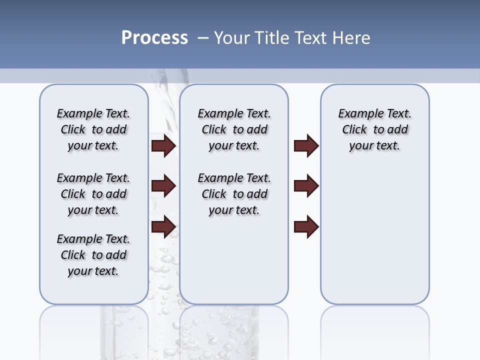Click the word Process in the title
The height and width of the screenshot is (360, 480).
click(x=154, y=38)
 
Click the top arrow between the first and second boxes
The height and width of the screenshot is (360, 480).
click(x=163, y=146)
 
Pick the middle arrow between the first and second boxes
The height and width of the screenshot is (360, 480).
click(x=163, y=186)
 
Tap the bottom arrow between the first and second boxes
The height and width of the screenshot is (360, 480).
click(x=163, y=226)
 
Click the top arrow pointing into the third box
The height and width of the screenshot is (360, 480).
click(x=306, y=146)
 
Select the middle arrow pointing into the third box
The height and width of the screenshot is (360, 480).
click(x=306, y=186)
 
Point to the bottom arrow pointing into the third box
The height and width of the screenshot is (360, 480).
click(x=306, y=226)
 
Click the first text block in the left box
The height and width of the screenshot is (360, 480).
click(x=93, y=129)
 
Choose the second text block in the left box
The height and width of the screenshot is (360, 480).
click(x=93, y=194)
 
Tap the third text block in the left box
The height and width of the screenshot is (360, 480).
click(x=93, y=255)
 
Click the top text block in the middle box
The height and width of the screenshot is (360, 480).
click(x=234, y=129)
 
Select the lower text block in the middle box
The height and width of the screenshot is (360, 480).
click(x=234, y=194)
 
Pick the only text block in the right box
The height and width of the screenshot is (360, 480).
click(x=374, y=129)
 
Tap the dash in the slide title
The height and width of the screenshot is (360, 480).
click(x=202, y=38)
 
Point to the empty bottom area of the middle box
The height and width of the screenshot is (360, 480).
click(x=234, y=265)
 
